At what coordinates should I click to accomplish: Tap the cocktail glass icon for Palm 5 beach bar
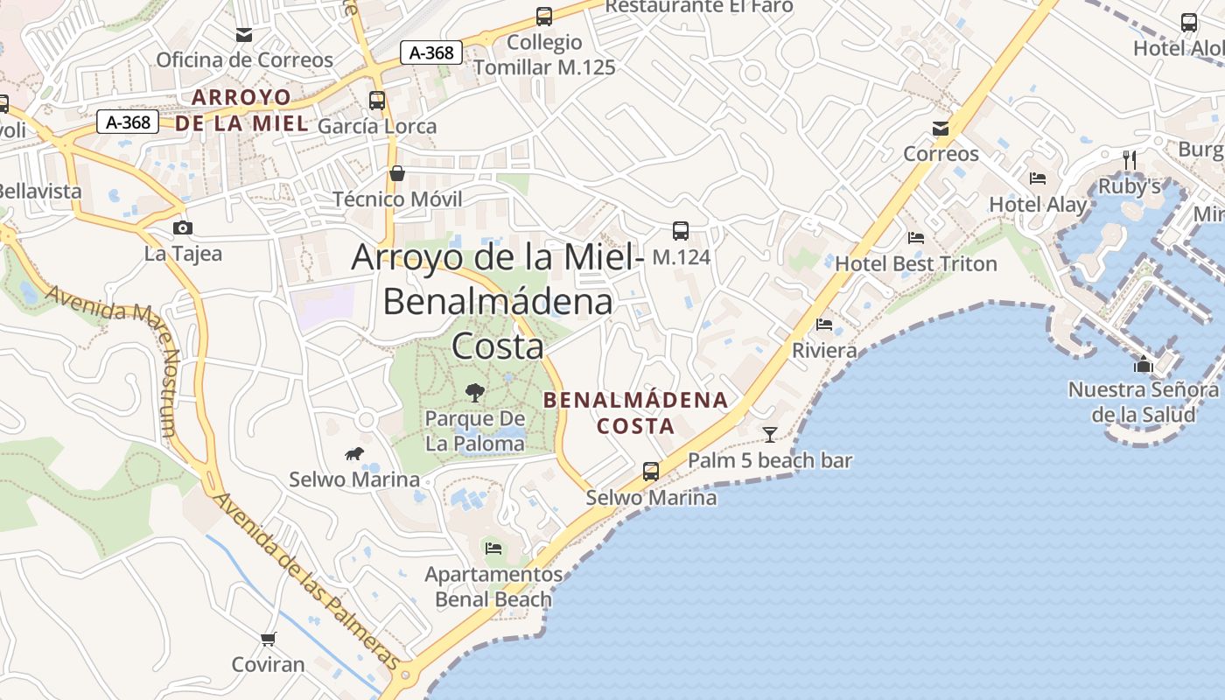pyautogui.click(x=769, y=434)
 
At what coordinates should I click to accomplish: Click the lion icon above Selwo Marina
pyautogui.click(x=354, y=453)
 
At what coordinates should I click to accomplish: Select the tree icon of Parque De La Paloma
pyautogui.click(x=475, y=392)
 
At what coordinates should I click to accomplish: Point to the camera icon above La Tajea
pyautogui.click(x=183, y=228)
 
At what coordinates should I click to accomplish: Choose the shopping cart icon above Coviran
pyautogui.click(x=269, y=639)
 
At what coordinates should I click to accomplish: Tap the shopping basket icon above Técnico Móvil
pyautogui.click(x=397, y=173)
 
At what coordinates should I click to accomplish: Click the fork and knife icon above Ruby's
pyautogui.click(x=1130, y=160)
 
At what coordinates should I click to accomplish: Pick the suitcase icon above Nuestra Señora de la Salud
pyautogui.click(x=1143, y=364)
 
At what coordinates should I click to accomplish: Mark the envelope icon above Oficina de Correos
pyautogui.click(x=244, y=35)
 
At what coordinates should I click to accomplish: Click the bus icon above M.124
pyautogui.click(x=681, y=231)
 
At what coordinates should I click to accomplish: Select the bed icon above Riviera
pyautogui.click(x=824, y=325)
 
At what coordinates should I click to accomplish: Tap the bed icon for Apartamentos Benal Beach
pyautogui.click(x=493, y=549)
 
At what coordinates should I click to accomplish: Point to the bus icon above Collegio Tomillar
pyautogui.click(x=544, y=17)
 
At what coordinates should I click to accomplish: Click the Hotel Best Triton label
pyautogui.click(x=915, y=263)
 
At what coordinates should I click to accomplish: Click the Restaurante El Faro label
pyautogui.click(x=698, y=7)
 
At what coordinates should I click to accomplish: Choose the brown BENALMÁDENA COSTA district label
pyautogui.click(x=635, y=413)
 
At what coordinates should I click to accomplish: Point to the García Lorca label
pyautogui.click(x=377, y=126)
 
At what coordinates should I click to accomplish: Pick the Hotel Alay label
pyautogui.click(x=1038, y=205)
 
